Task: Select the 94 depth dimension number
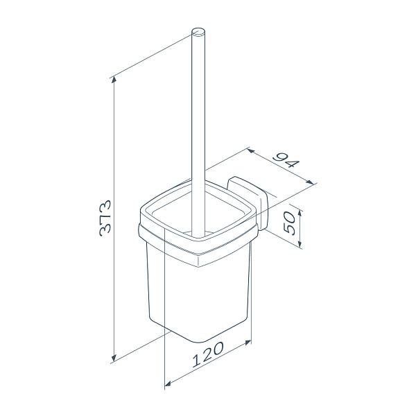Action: tap(286, 162)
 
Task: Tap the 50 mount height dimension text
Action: tap(289, 223)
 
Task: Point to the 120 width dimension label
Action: tap(208, 354)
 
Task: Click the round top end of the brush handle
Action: tap(198, 32)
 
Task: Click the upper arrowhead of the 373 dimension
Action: tap(114, 79)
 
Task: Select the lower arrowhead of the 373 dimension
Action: tap(114, 358)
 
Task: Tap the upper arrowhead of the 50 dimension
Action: tap(300, 213)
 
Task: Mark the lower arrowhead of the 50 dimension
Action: tap(300, 244)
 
